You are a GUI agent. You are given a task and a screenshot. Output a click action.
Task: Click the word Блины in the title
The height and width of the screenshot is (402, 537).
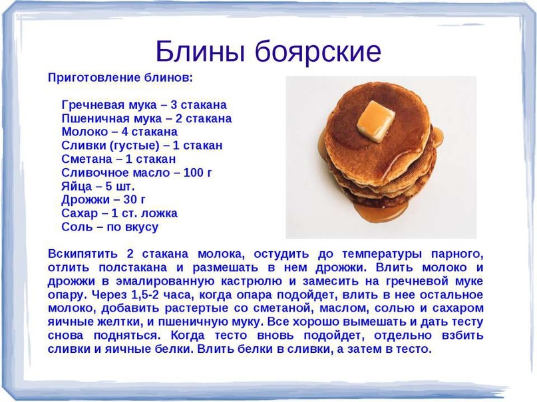201,51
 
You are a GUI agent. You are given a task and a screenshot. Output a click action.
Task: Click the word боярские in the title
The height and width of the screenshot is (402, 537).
318,52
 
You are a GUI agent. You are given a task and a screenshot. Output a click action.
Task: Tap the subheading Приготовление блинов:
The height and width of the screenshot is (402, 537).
120,78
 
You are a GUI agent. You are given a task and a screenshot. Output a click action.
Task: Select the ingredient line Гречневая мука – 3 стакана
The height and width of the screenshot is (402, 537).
144,104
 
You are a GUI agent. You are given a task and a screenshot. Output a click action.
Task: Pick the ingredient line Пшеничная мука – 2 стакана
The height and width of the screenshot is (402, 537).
146,118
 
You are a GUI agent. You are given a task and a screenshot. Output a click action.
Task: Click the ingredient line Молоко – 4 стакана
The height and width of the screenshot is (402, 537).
120,132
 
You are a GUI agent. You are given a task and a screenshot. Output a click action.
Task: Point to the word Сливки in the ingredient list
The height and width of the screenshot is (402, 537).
84,146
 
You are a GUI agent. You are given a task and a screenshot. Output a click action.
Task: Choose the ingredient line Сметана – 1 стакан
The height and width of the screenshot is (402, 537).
118,159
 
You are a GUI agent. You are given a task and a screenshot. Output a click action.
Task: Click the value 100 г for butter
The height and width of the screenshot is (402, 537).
198,172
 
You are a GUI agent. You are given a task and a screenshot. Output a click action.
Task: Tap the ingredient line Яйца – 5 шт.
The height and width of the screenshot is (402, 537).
98,186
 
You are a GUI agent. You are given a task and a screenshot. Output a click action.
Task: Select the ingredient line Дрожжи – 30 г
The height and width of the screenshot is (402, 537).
103,199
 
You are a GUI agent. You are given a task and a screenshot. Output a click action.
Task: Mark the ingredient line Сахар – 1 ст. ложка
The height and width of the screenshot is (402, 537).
120,213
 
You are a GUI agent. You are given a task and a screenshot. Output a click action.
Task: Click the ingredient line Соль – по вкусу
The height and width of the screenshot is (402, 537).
110,227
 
